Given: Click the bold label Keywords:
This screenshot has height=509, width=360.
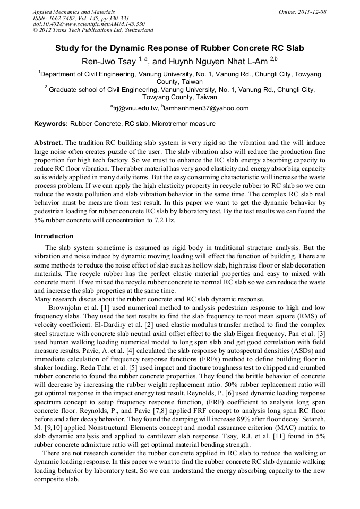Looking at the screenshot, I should [50, 124].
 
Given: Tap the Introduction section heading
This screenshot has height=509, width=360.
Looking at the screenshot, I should [54, 236].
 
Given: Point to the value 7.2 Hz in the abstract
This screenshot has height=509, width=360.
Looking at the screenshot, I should [164, 220].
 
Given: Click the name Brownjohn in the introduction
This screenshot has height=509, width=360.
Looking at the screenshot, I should [66, 308].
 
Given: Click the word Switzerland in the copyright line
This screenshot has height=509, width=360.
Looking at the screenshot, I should [138, 31].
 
